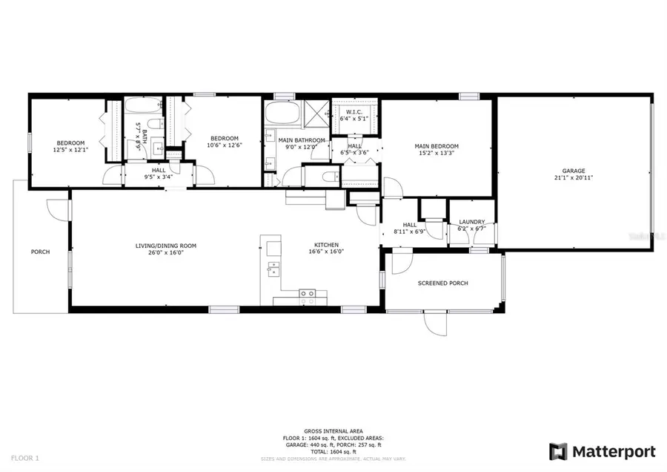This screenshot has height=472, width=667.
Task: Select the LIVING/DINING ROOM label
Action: pos(165,245)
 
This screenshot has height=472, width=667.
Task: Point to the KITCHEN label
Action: pos(326,245)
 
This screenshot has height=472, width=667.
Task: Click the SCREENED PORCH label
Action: pos(442,283)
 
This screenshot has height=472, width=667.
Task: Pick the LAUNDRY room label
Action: pos(472,222)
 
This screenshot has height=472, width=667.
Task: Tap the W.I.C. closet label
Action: pos(354,111)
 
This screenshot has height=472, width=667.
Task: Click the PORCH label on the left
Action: pos(40,252)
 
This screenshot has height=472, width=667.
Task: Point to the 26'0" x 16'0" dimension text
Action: pos(165,252)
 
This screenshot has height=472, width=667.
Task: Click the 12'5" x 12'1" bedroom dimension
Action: pos(70,150)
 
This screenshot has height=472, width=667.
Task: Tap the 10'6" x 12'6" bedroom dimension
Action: pos(224,145)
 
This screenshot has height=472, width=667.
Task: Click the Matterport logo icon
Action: pos(558,451)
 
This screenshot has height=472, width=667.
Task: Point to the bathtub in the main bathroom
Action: pos(282,114)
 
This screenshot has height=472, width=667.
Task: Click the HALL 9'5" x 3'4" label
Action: pos(159,174)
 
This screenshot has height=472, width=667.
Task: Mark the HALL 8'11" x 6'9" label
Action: pos(410,229)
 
